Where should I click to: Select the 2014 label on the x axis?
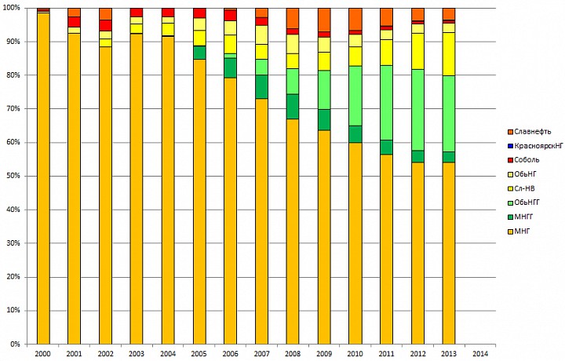pos(480,354)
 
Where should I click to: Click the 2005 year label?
pos(199,354)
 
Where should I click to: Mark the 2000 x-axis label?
pos(43,354)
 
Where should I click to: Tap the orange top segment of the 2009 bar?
pos(323,20)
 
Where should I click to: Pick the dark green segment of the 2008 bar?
pos(292,106)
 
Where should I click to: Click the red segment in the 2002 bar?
pos(105,25)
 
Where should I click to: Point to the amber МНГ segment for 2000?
pos(43,180)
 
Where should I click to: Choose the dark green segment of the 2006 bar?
pos(230,67)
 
